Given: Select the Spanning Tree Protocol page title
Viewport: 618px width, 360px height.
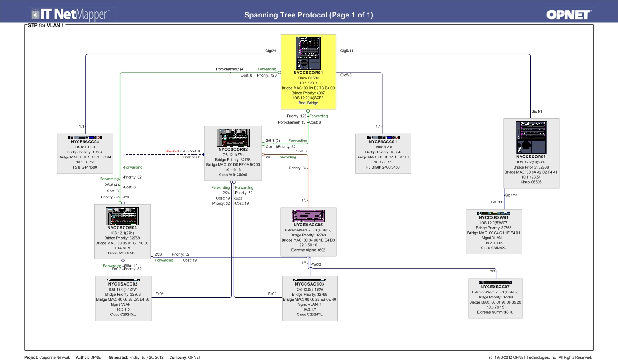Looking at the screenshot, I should tap(308, 15).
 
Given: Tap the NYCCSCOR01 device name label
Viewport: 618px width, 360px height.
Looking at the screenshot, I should tap(308, 73).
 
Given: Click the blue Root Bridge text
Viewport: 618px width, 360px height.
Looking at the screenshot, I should tap(308, 103).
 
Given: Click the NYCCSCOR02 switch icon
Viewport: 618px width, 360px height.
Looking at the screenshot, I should tap(233, 137).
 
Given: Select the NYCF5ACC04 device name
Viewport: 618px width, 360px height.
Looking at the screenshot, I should tap(85, 142).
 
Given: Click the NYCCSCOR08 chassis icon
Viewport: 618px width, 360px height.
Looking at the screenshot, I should tap(531, 138).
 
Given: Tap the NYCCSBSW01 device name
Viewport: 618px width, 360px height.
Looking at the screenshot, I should tap(493, 218).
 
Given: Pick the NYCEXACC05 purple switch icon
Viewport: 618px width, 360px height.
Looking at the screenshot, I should tap(308, 215).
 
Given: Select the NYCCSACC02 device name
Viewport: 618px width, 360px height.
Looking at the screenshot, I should tap(122, 285).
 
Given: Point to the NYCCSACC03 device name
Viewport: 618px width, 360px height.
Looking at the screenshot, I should tap(309, 285).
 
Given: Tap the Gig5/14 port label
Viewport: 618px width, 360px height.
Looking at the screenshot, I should tap(346, 51).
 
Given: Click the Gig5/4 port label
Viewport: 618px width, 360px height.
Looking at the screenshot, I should tap(270, 51).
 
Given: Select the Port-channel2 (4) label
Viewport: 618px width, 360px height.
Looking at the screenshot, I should tap(230, 69).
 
